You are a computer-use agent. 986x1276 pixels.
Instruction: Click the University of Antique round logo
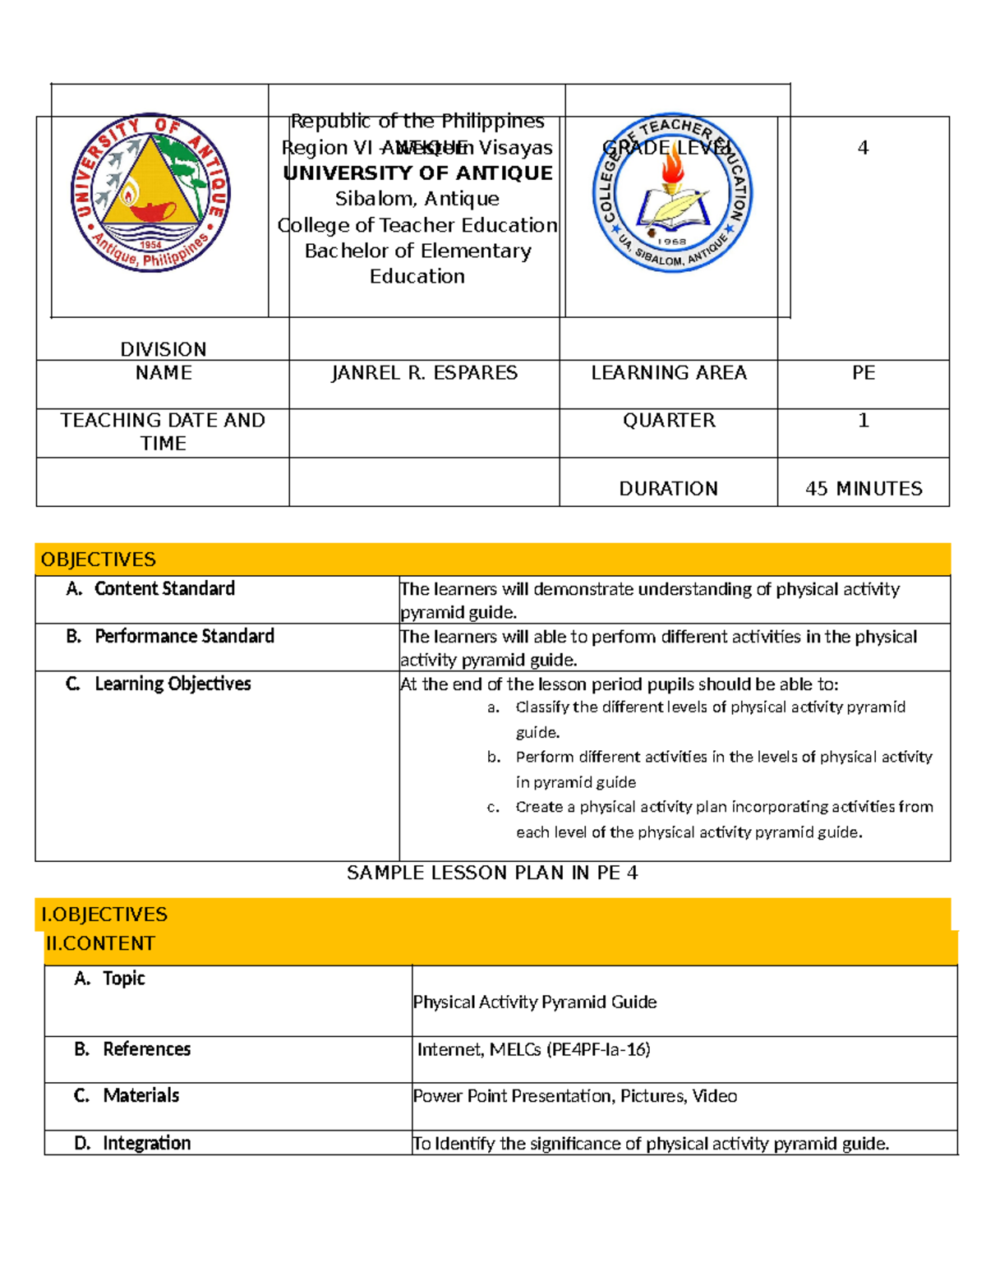click(x=150, y=192)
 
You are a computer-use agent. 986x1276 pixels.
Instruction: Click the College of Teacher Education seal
click(x=672, y=193)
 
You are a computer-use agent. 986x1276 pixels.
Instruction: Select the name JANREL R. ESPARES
click(x=424, y=373)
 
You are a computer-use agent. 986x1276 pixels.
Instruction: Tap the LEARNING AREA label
click(x=669, y=373)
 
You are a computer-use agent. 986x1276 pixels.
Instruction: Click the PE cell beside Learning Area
click(x=863, y=373)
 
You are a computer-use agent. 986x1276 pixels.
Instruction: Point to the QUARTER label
click(x=669, y=421)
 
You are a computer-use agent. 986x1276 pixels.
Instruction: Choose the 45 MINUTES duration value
click(x=864, y=489)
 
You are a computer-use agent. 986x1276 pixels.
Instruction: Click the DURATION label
click(x=668, y=489)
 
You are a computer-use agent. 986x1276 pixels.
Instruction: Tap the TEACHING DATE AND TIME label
click(x=163, y=431)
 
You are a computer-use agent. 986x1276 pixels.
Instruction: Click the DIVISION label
click(x=163, y=349)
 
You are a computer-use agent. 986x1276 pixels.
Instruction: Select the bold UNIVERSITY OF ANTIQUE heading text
click(x=417, y=173)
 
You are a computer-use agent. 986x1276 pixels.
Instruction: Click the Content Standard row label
click(x=164, y=589)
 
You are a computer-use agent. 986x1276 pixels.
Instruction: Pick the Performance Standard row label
click(x=184, y=637)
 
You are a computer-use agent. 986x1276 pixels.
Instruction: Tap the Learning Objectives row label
click(x=173, y=684)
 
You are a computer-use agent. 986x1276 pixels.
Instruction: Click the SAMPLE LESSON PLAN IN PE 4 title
click(x=492, y=873)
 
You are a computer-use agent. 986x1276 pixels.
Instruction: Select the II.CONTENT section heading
click(x=100, y=944)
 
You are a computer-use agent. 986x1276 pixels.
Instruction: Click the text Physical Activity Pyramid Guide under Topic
click(x=535, y=1002)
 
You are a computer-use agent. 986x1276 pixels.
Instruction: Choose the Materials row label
click(x=141, y=1096)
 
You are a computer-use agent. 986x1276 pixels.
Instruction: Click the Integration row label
click(x=146, y=1144)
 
